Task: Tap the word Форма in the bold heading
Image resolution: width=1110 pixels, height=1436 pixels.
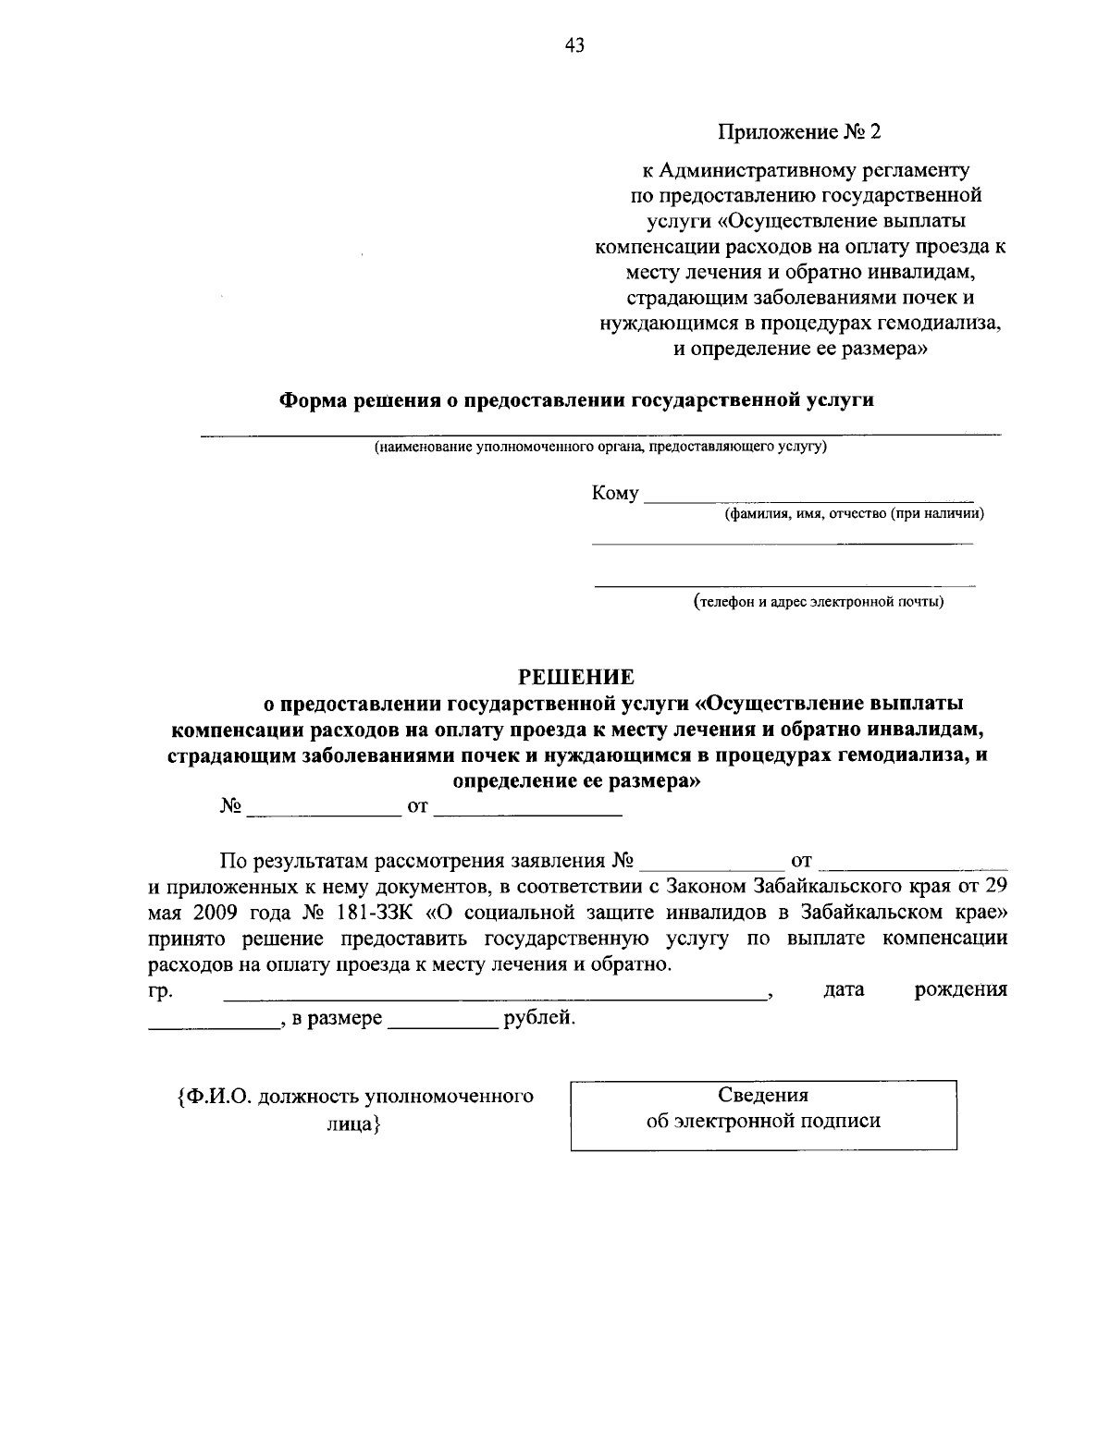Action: [x=311, y=400]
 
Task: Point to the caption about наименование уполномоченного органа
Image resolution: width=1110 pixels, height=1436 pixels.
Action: [x=600, y=448]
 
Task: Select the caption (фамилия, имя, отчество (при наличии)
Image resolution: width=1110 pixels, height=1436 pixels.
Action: [x=853, y=513]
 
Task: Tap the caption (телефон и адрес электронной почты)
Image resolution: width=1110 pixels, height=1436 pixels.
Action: [x=820, y=603]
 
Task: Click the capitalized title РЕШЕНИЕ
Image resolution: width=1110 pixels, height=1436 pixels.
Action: [x=575, y=677]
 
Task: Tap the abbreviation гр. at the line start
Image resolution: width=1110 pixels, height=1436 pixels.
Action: [x=158, y=991]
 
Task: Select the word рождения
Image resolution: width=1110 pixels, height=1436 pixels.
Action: [x=960, y=990]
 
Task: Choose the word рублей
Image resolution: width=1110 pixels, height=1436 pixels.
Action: [x=538, y=1020]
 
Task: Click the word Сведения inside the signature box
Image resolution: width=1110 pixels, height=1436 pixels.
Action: [x=763, y=1095]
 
